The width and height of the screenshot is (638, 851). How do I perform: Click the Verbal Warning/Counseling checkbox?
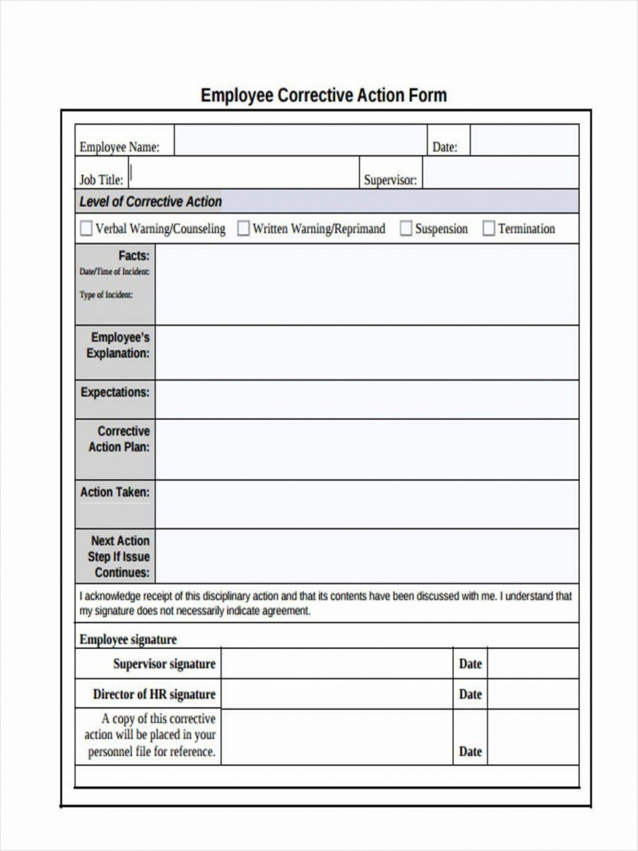[86, 228]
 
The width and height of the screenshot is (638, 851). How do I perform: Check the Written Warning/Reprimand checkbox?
[243, 228]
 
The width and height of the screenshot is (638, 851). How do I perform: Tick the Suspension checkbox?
[405, 228]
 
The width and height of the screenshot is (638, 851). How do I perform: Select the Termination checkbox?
[488, 228]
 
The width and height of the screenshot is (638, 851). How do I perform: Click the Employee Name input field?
[300, 140]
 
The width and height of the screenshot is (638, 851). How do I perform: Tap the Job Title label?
[101, 180]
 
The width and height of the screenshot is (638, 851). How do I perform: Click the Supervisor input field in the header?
[500, 172]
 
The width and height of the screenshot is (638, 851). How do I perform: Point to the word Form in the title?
[428, 96]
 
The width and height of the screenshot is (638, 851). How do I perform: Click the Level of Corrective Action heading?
[150, 202]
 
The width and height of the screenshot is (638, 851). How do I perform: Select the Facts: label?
[134, 255]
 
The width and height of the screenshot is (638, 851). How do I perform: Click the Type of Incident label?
[106, 295]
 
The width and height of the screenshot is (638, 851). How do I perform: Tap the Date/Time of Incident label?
[114, 272]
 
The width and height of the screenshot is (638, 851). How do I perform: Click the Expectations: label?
[115, 392]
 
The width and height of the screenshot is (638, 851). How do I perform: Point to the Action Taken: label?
[115, 492]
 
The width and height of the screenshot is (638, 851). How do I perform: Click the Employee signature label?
[128, 639]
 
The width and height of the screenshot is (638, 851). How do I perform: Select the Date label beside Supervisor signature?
[470, 664]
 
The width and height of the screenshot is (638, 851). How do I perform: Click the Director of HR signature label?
[154, 694]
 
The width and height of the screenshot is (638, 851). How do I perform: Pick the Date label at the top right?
[444, 147]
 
